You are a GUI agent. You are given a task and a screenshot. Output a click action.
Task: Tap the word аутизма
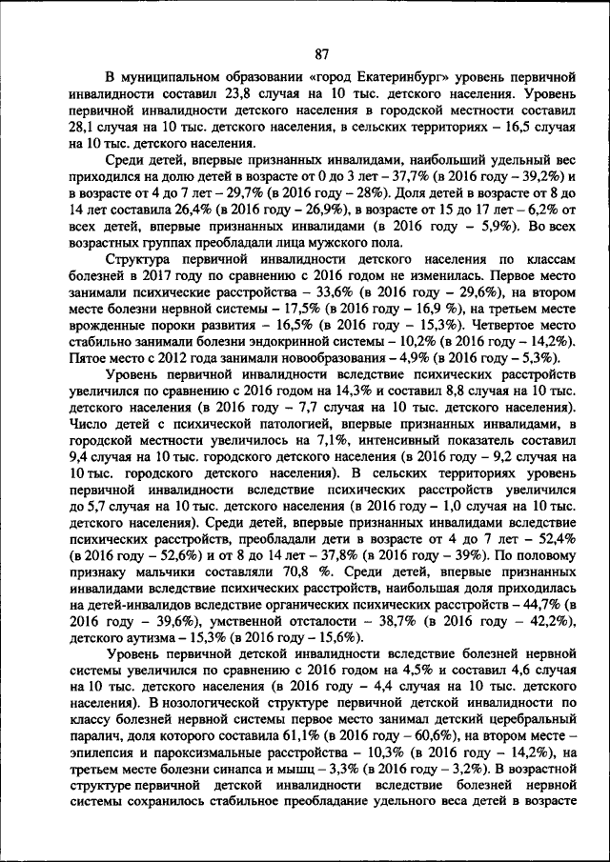[x=150, y=637]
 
